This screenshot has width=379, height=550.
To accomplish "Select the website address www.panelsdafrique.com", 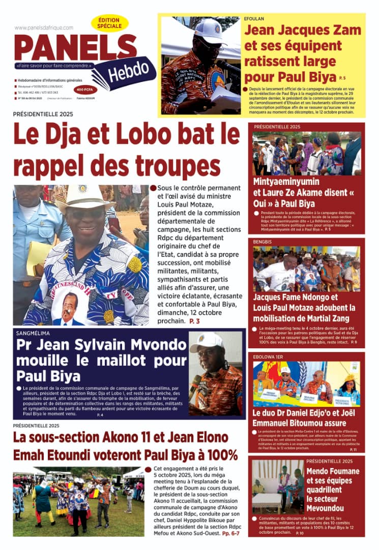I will tap(44, 28).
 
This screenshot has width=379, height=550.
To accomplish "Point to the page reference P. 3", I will tap(194, 321).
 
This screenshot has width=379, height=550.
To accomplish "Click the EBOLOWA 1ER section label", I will tap(269, 357).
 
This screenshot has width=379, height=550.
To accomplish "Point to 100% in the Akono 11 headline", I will tap(219, 454).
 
